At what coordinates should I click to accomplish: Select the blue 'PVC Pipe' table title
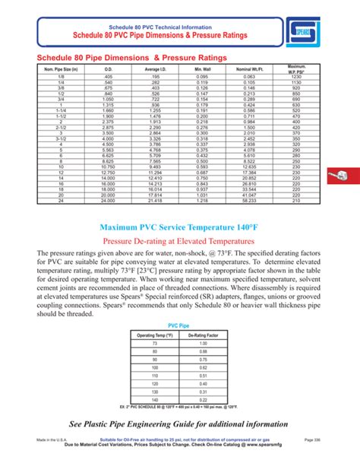pyautogui.click(x=179, y=324)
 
